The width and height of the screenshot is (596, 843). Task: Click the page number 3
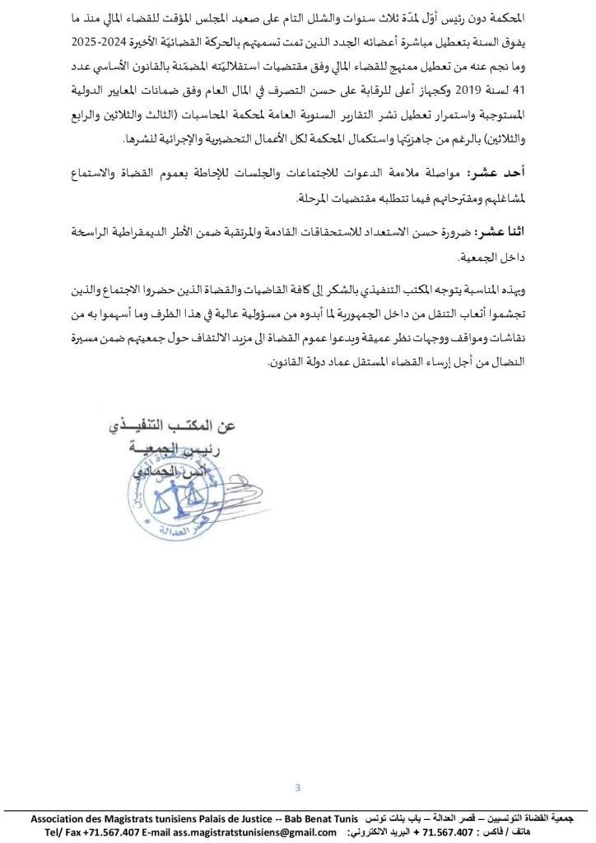point(298,789)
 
